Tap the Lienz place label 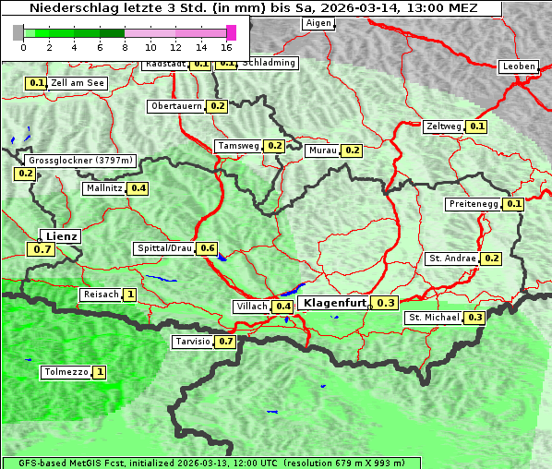pyautogui.click(x=61, y=236)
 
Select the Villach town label pyautogui.click(x=252, y=307)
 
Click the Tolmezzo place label pyautogui.click(x=66, y=373)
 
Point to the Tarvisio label pyautogui.click(x=193, y=342)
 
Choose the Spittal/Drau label pyautogui.click(x=164, y=248)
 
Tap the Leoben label pyautogui.click(x=518, y=66)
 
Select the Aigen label pyautogui.click(x=318, y=23)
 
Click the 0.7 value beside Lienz pyautogui.click(x=42, y=249)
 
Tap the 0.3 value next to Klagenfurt pyautogui.click(x=385, y=303)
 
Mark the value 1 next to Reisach pyautogui.click(x=130, y=295)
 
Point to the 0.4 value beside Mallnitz pyautogui.click(x=138, y=188)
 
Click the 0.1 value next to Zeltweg pyautogui.click(x=477, y=126)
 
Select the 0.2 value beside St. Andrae pyautogui.click(x=491, y=259)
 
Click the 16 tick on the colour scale pyautogui.click(x=226, y=47)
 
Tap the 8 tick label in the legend pyautogui.click(x=125, y=47)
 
